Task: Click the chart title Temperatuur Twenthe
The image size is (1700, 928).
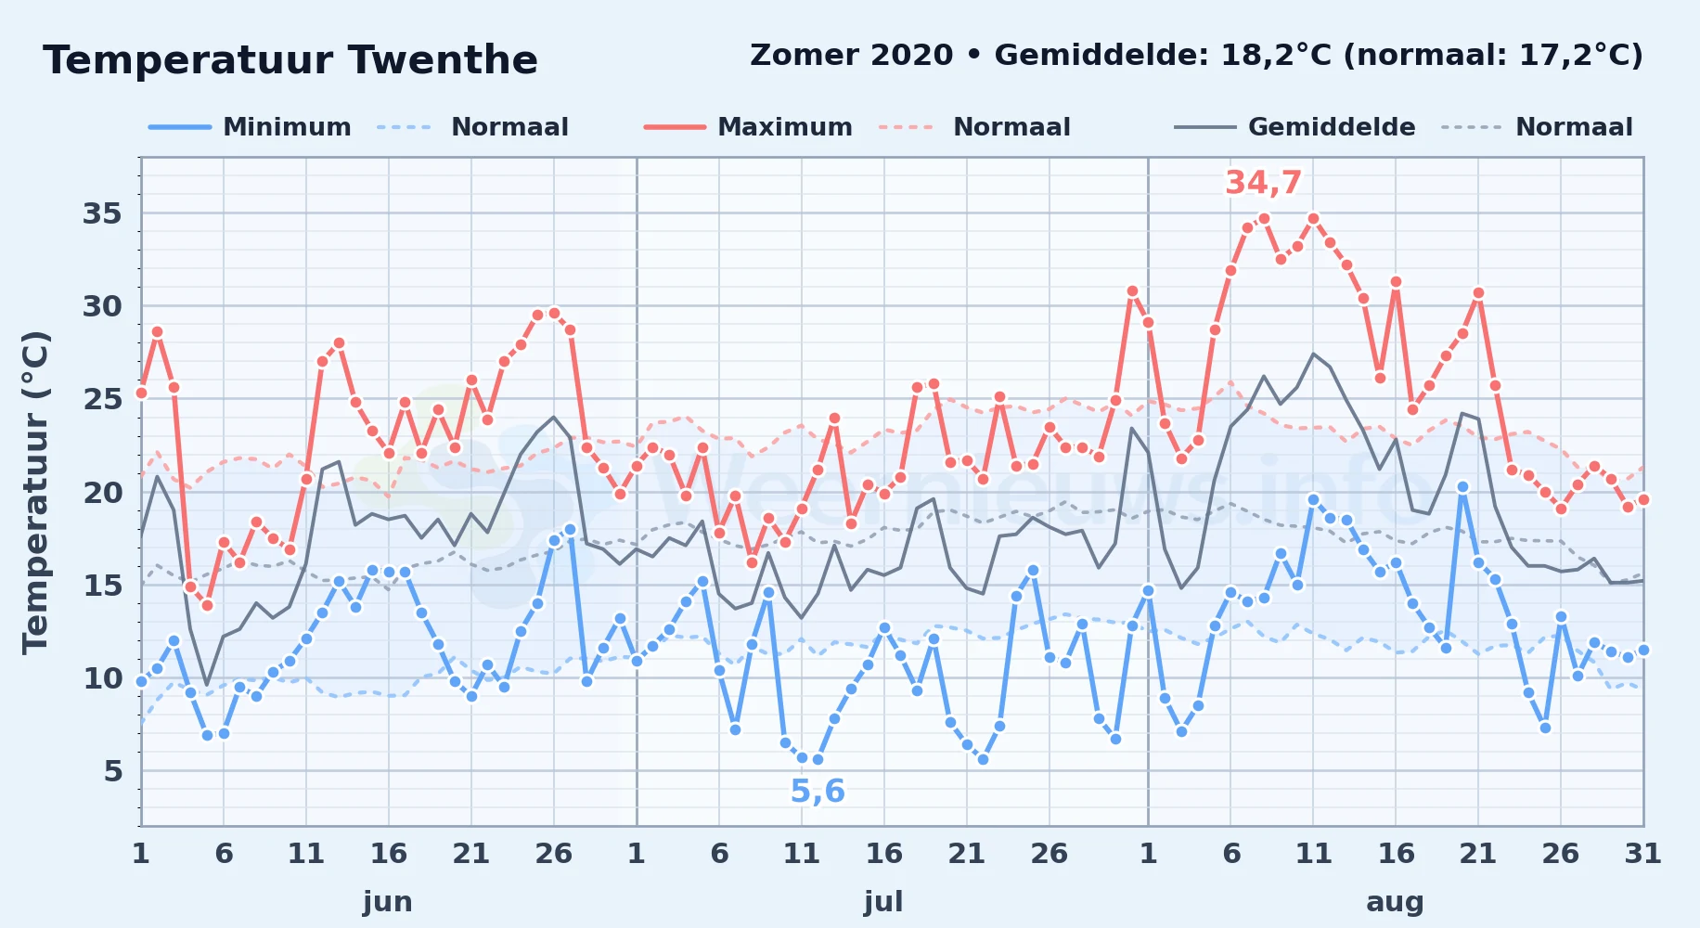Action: click(290, 60)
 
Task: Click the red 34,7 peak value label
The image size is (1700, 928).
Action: click(1264, 183)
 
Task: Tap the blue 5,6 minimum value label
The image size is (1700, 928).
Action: click(818, 791)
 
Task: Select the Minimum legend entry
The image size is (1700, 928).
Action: click(250, 127)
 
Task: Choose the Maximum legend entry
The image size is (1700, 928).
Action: click(748, 127)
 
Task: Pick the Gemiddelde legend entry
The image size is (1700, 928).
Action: click(1294, 127)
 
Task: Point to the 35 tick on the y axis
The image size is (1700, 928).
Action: click(102, 213)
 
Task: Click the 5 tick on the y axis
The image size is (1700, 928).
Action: click(113, 770)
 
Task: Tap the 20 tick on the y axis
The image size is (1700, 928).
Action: click(102, 492)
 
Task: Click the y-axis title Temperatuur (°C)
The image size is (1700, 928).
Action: click(35, 492)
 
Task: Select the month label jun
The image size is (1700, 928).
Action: click(388, 901)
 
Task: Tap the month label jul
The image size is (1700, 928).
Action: click(883, 901)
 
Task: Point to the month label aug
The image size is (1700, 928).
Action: click(1395, 901)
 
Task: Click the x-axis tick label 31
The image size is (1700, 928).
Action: click(1642, 853)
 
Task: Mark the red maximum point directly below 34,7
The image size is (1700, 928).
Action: click(1263, 219)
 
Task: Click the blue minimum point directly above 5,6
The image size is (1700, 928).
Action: click(818, 759)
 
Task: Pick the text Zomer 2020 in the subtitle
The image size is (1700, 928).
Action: click(851, 55)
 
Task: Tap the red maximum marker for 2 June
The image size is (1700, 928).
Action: click(157, 332)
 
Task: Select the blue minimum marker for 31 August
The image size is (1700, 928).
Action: click(1643, 650)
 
